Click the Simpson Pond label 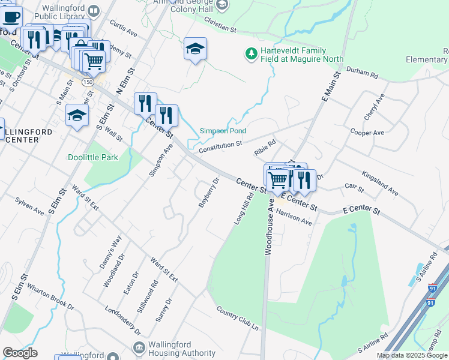(x=223, y=131)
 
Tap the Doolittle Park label (x=92, y=157)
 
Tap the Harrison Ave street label (x=294, y=217)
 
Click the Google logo (x=20, y=353)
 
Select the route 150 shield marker (x=88, y=82)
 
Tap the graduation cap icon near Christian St (x=195, y=49)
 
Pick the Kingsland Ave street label (x=379, y=183)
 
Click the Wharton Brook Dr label (x=50, y=298)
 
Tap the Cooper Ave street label (x=367, y=133)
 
